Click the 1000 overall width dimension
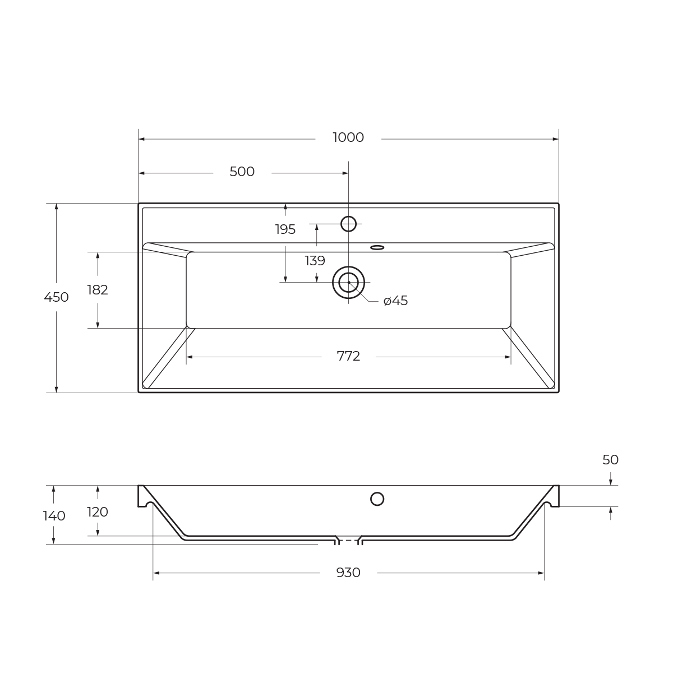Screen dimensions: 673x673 tap(348, 138)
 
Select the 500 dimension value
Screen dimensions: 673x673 tap(242, 172)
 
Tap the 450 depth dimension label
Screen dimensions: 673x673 tap(56, 298)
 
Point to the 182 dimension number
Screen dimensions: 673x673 tap(98, 291)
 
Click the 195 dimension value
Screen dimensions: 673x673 tap(285, 230)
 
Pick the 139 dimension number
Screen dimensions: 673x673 tap(315, 261)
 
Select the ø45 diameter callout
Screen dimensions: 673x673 tap(396, 301)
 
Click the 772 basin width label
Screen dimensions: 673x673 tap(348, 357)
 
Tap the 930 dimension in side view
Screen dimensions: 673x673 tap(348, 573)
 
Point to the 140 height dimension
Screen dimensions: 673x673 tap(54, 517)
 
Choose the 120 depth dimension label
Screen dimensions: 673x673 tap(98, 513)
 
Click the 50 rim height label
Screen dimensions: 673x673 tap(610, 460)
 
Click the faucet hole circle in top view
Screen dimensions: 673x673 tap(348, 224)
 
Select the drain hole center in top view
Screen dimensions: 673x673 tap(348, 282)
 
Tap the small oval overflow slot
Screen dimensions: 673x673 tap(377, 247)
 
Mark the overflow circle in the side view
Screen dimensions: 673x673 tap(377, 499)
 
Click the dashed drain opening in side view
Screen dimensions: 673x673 tap(348, 541)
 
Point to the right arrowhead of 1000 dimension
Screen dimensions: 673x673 tap(555, 139)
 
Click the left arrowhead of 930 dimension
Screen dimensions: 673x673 tap(156, 573)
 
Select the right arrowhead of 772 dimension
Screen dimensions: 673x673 tap(508, 357)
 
